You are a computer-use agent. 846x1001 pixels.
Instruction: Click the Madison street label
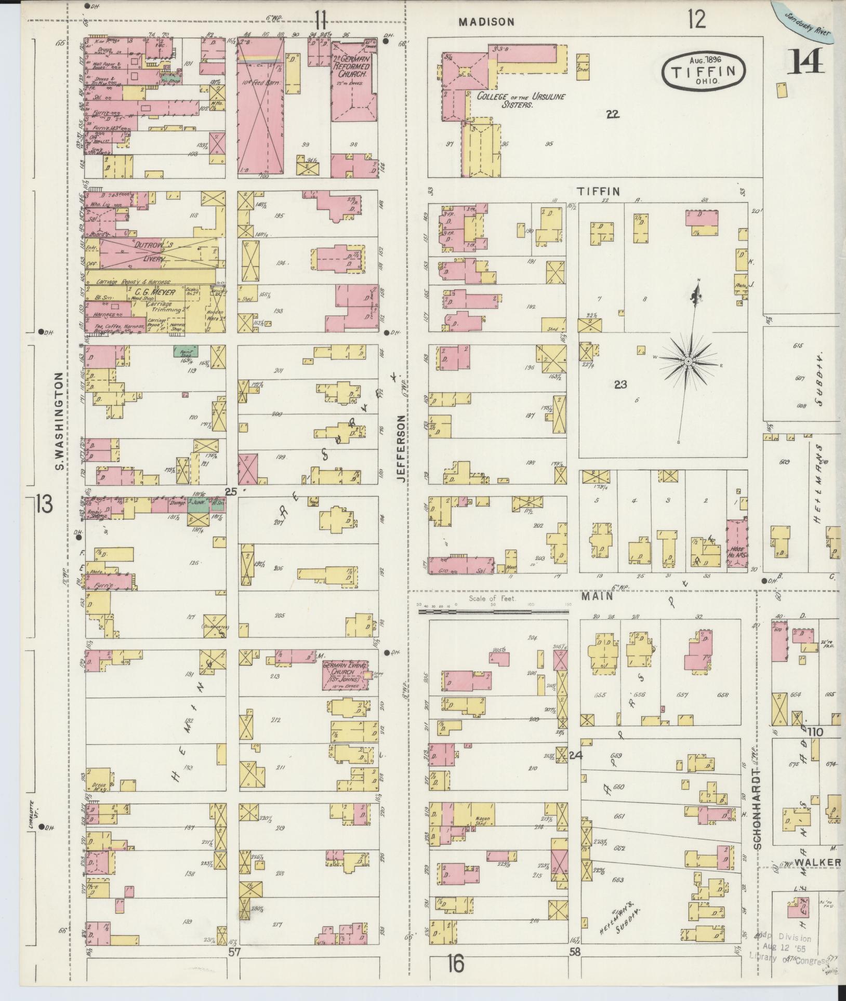click(x=486, y=22)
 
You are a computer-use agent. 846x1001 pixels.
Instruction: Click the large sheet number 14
click(x=807, y=62)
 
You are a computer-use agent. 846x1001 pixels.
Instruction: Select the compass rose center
click(x=688, y=361)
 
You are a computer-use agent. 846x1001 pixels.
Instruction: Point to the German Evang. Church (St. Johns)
click(x=345, y=676)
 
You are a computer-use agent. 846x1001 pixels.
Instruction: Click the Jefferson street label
click(x=401, y=449)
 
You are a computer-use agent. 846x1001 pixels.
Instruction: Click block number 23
click(x=620, y=385)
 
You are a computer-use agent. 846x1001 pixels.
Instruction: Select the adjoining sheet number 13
click(x=45, y=504)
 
